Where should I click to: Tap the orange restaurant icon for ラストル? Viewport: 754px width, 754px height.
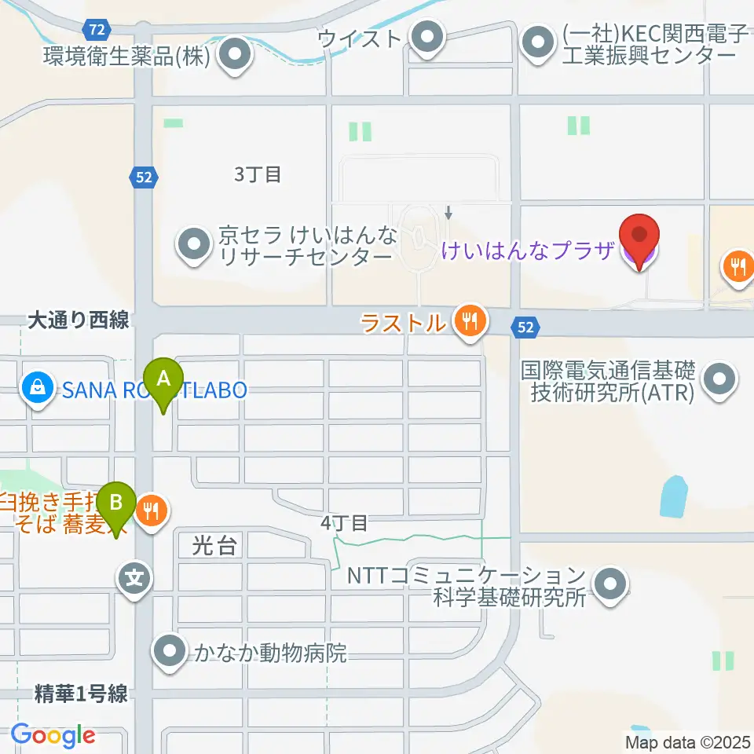pyautogui.click(x=469, y=321)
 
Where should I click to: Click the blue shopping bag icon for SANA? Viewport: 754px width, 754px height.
pyautogui.click(x=36, y=386)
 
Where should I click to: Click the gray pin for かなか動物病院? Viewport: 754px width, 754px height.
pyautogui.click(x=169, y=652)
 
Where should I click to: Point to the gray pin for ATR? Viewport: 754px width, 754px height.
pyautogui.click(x=719, y=382)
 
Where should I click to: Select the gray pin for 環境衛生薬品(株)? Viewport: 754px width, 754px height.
pyautogui.click(x=233, y=56)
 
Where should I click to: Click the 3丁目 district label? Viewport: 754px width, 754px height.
pyautogui.click(x=258, y=174)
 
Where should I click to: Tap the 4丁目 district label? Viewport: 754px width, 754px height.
pyautogui.click(x=344, y=522)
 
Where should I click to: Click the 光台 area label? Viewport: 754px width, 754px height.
pyautogui.click(x=214, y=546)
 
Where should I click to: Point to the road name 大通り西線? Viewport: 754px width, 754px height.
pyautogui.click(x=79, y=320)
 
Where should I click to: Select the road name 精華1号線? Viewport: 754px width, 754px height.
pyautogui.click(x=81, y=694)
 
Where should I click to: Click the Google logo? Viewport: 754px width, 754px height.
pyautogui.click(x=53, y=734)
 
